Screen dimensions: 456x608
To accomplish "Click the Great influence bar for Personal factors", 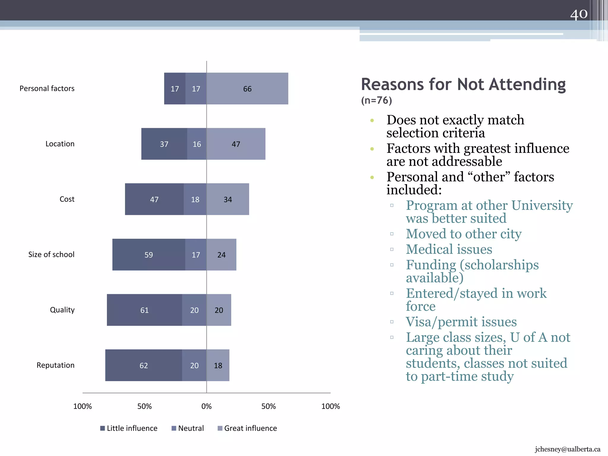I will tap(247, 88).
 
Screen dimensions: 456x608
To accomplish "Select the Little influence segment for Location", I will tap(164, 144).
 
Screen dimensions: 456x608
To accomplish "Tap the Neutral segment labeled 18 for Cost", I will tap(195, 199).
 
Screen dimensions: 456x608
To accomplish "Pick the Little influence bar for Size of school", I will tap(149, 255).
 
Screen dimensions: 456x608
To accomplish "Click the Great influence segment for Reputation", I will tap(218, 365).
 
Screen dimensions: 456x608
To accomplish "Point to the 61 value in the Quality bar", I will tap(144, 310).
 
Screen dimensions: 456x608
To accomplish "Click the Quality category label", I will tap(62, 310).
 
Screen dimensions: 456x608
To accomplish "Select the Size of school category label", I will tap(51, 254).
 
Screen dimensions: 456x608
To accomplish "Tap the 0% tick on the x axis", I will tap(206, 406).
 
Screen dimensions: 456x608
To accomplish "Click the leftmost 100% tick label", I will tap(83, 406).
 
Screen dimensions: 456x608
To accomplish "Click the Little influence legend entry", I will tap(129, 428).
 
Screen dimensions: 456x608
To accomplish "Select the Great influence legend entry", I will tap(247, 428).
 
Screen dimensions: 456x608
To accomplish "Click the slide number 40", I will tap(579, 14).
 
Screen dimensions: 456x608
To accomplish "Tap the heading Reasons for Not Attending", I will tap(463, 84).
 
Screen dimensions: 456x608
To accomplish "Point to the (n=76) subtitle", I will tap(376, 100).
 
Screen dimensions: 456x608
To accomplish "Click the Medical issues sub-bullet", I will tap(449, 249).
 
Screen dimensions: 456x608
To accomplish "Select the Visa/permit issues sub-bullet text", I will tap(461, 322).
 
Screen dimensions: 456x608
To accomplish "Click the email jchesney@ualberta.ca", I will tap(567, 449).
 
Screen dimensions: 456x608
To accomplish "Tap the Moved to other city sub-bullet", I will tap(463, 234).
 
